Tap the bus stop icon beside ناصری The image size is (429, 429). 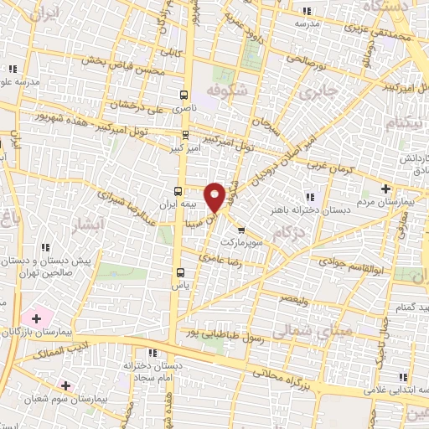click(x=184, y=95)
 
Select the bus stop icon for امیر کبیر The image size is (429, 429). click(x=186, y=134)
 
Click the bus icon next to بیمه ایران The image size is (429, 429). click(x=178, y=190)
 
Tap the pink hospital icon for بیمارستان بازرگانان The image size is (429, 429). click(x=35, y=318)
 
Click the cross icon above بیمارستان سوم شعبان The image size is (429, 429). click(x=65, y=385)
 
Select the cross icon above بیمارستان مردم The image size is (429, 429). click(x=385, y=189)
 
